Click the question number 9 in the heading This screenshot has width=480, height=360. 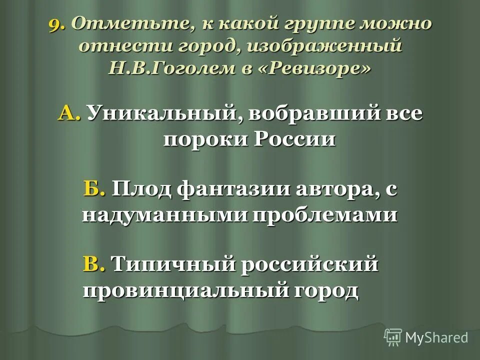pos(56,24)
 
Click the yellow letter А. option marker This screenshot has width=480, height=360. pos(70,113)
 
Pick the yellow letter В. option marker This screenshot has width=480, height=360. pos(94,263)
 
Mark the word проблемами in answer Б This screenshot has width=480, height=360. pos(324,214)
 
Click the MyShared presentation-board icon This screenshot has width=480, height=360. pos(393,337)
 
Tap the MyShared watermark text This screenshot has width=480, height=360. pos(436,337)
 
